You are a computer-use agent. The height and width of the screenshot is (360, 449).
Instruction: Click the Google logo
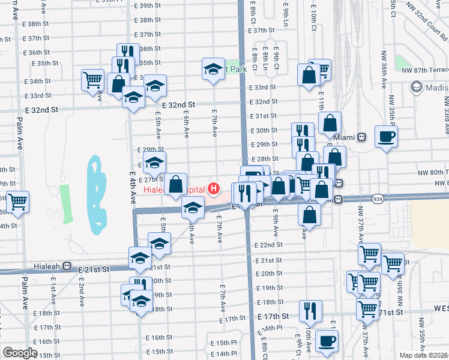20,353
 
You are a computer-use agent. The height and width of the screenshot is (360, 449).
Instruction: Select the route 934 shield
378,199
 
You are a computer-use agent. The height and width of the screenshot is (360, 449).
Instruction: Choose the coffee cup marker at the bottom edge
327,341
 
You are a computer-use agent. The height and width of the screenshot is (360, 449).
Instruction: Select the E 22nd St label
268,245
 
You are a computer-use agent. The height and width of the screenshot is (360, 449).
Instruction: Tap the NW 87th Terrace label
427,70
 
